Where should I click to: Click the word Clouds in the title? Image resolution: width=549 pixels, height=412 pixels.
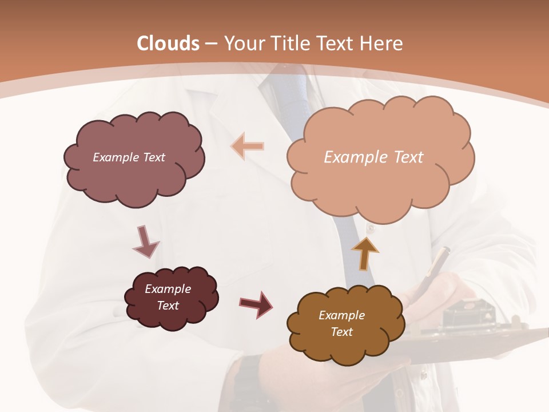(168, 43)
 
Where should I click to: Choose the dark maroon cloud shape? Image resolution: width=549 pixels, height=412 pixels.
(171, 298)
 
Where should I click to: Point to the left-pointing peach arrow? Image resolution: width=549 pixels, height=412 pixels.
(248, 146)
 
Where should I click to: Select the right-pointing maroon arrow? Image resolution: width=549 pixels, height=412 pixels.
(256, 304)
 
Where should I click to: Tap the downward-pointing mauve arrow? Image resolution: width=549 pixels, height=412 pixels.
(145, 241)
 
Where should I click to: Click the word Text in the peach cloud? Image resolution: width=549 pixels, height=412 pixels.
(403, 157)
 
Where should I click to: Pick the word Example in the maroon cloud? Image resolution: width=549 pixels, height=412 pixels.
(168, 289)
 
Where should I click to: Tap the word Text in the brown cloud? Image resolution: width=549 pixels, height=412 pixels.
(341, 332)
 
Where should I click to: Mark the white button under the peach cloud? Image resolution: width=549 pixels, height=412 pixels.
(370, 228)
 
